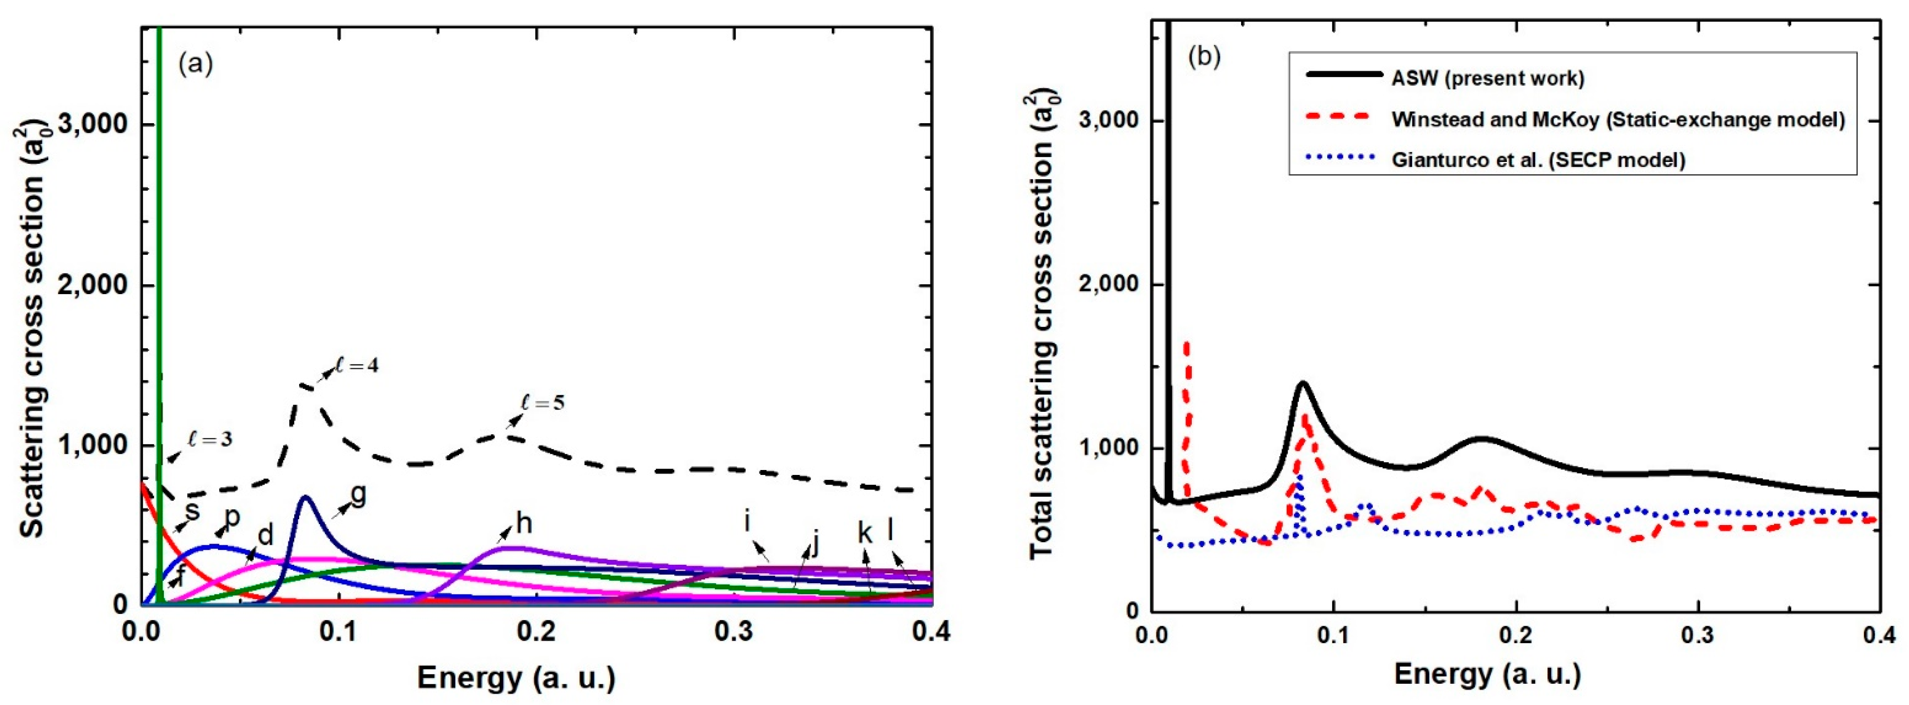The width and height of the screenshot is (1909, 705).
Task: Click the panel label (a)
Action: click(196, 65)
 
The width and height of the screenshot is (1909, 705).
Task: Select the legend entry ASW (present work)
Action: click(1487, 78)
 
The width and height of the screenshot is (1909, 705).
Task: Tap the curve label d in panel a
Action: click(265, 535)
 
